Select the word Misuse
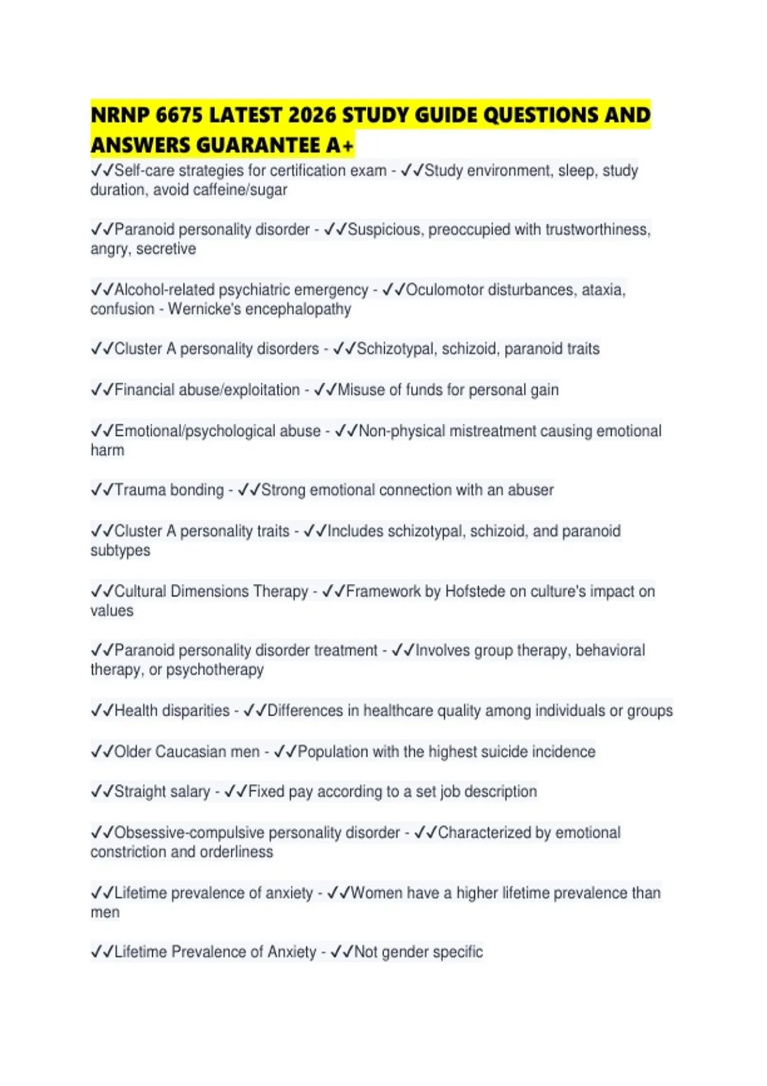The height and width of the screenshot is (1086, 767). pos(360,390)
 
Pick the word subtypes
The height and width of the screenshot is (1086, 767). pos(120,551)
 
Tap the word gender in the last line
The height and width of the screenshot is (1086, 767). pos(405,952)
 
